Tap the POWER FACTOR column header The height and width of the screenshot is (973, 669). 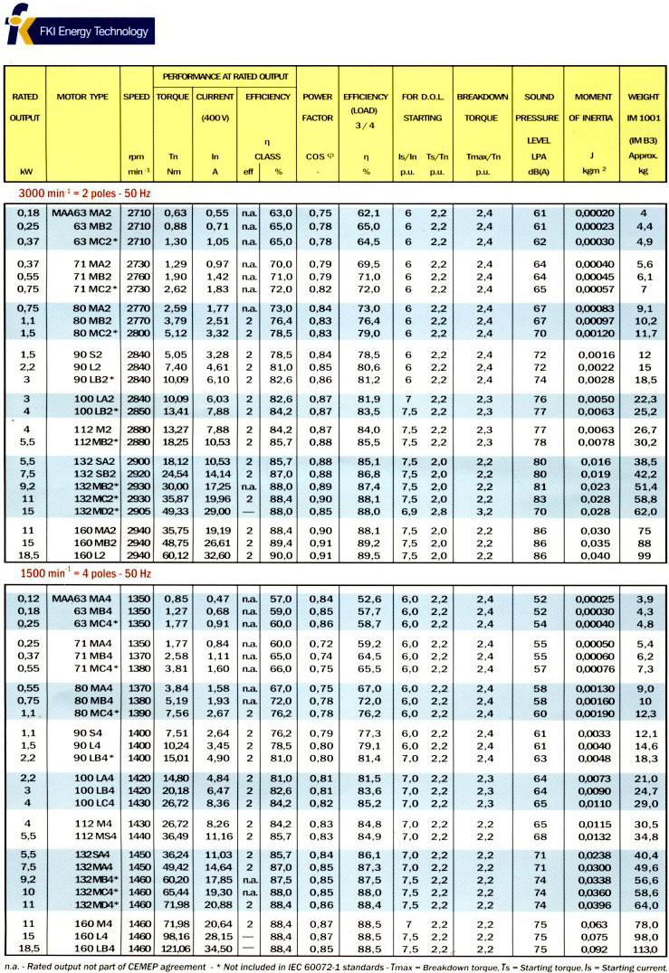point(318,107)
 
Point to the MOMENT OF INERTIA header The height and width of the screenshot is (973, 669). point(592,107)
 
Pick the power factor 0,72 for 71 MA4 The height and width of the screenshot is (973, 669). point(318,643)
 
